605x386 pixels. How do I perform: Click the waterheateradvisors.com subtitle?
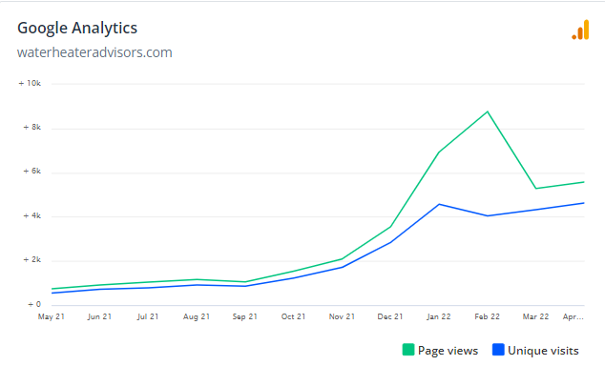pyautogui.click(x=94, y=52)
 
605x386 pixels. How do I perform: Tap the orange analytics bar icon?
pyautogui.click(x=580, y=30)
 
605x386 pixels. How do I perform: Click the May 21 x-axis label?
pyautogui.click(x=51, y=316)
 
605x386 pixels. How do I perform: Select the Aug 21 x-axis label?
pyautogui.click(x=197, y=316)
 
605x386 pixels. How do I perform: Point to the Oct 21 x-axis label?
pyautogui.click(x=293, y=316)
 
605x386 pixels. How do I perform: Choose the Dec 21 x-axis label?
pyautogui.click(x=390, y=316)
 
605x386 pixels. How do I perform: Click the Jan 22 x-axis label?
pyautogui.click(x=439, y=316)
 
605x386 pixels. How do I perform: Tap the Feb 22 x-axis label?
pyautogui.click(x=488, y=316)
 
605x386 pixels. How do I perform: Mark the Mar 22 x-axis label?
pyautogui.click(x=536, y=316)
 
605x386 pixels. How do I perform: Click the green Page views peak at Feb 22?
pyautogui.click(x=488, y=112)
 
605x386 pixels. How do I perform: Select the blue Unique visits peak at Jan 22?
pyautogui.click(x=439, y=204)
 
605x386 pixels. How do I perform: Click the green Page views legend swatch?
pyautogui.click(x=408, y=350)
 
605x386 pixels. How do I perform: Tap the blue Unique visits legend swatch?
pyautogui.click(x=497, y=350)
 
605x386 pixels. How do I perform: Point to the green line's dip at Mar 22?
pyautogui.click(x=535, y=188)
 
